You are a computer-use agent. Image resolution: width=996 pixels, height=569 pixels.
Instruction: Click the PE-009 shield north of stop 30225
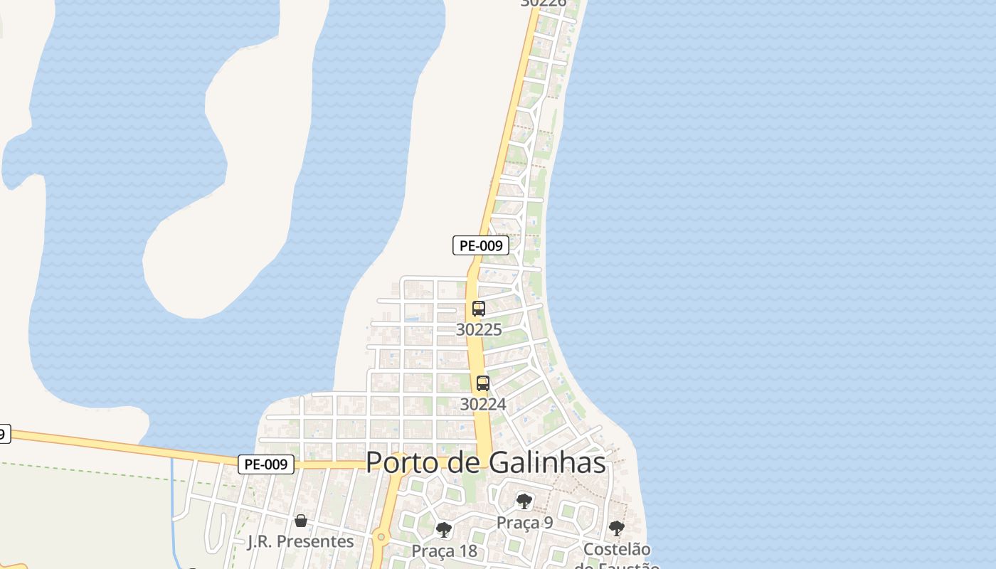(481, 246)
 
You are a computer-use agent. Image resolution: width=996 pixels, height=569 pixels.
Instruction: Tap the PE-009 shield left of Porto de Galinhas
(265, 464)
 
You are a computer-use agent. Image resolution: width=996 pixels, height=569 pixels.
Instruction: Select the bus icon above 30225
(479, 309)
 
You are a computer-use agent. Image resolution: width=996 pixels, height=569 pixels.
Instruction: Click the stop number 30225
(479, 329)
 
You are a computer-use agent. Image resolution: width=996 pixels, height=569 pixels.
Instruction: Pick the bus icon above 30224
(483, 383)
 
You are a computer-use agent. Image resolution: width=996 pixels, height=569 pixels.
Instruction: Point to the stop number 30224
(483, 404)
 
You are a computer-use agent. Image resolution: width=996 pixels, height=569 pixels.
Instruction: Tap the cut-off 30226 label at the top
(544, 3)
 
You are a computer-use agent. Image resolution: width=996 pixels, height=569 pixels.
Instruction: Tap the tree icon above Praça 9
(524, 501)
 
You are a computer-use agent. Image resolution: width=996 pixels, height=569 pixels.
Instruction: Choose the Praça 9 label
(524, 523)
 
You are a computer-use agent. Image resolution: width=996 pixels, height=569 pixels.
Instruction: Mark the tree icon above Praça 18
(444, 530)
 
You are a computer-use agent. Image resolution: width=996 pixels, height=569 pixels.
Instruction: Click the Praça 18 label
(444, 551)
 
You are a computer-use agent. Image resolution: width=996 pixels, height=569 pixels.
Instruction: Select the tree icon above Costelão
(617, 528)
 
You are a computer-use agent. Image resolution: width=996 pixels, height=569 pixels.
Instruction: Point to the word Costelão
(617, 550)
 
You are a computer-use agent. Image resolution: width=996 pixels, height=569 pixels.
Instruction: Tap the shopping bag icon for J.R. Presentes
(301, 521)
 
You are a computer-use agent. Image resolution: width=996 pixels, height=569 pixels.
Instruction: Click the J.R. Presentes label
(300, 541)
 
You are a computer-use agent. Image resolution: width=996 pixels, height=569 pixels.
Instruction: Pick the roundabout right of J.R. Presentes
(381, 537)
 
